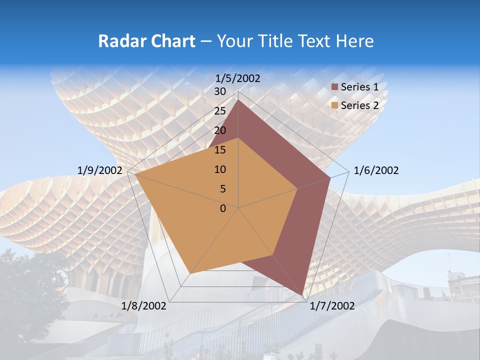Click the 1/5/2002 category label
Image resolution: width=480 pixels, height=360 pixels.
point(238,78)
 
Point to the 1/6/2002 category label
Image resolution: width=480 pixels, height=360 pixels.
point(376,170)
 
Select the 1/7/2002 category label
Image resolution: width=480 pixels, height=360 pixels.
point(332,306)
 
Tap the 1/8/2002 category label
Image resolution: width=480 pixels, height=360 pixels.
point(144,306)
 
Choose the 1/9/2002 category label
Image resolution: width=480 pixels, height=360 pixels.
point(100,170)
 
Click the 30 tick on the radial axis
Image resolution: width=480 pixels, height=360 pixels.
point(219,91)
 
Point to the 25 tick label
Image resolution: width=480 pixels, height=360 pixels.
point(219,111)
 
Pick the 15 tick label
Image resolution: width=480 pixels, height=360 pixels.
point(219,150)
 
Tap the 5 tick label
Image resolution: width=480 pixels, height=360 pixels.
point(222,189)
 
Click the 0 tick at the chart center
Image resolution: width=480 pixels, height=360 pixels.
point(223,208)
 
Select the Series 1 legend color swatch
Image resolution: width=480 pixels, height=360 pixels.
point(335,87)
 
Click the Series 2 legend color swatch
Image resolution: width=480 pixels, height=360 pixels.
point(335,105)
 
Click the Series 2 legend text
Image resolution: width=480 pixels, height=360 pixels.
point(359,105)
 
